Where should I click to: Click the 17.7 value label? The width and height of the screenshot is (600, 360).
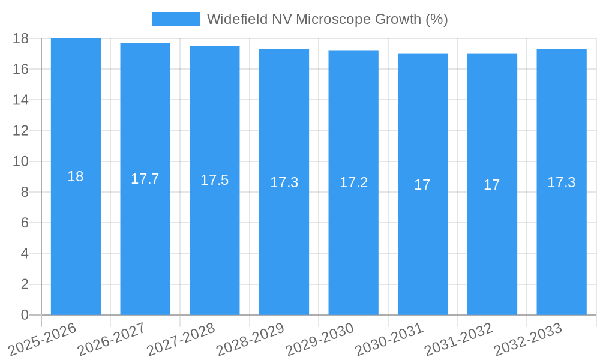[x=145, y=179]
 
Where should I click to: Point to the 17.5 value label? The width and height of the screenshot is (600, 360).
[x=214, y=180]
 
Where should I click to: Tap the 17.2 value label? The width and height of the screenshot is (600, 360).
[x=353, y=182]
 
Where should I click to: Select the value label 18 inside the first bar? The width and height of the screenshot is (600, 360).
[x=76, y=176]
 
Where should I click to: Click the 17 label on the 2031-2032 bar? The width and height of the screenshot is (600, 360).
[x=492, y=185]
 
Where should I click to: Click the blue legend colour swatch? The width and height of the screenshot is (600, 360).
[x=175, y=19]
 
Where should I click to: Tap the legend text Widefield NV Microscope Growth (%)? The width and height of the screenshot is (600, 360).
[x=327, y=19]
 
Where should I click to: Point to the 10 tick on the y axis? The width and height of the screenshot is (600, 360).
[x=21, y=161]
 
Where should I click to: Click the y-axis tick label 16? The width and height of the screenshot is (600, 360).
[x=21, y=69]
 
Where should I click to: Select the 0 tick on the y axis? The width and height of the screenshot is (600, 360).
[x=25, y=315]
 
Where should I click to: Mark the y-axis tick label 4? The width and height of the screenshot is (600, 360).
[x=25, y=253]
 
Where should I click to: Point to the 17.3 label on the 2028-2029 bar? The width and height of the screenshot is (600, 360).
[x=284, y=182]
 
